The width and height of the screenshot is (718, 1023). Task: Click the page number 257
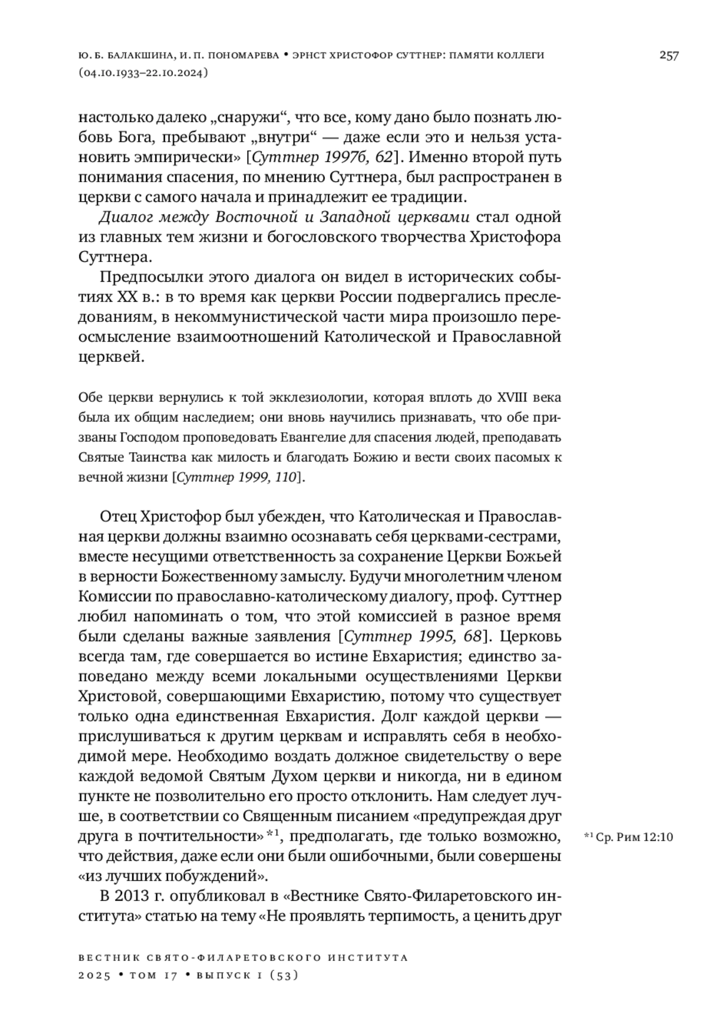pos(669,56)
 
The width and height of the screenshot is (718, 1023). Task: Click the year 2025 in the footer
pos(95,976)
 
